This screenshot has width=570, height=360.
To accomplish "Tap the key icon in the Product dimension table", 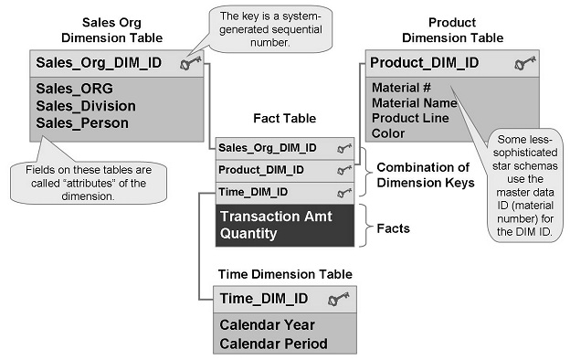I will click(524, 64).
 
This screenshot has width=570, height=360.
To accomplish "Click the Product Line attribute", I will click(408, 118).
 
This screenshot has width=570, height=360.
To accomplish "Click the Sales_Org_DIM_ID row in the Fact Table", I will click(268, 147).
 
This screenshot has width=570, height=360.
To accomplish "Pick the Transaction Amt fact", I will click(276, 217).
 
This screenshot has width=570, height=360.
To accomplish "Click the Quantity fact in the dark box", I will click(248, 234).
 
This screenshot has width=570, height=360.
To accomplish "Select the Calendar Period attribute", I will click(269, 343).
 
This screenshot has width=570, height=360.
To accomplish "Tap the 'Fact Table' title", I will click(283, 119).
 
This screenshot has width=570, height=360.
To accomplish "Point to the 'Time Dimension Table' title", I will click(284, 273).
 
